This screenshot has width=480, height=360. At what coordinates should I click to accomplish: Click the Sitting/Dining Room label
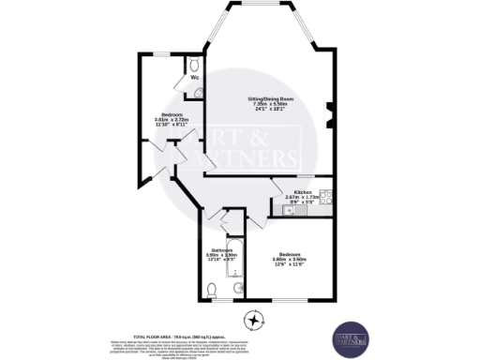267,98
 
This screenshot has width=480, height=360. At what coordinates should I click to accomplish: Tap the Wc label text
195,77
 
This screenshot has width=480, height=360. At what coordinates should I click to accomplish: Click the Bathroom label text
221,249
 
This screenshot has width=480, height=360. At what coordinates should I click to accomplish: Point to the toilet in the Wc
193,65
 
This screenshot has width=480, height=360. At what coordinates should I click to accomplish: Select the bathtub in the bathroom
236,257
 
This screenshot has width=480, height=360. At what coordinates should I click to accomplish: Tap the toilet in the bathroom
236,287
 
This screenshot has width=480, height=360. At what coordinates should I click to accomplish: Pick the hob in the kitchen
326,197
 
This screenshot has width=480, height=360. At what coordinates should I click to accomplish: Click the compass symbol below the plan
252,321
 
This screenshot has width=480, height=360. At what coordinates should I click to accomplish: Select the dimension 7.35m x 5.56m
267,104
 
